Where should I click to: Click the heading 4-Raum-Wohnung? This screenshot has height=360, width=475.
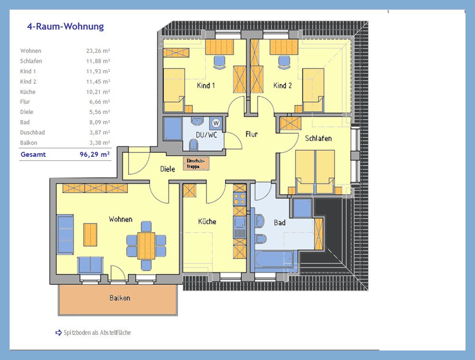66,27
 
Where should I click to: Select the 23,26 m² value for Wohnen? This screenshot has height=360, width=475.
98,51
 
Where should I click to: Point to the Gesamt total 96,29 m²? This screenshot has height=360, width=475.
95,154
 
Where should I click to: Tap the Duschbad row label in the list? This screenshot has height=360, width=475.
32,133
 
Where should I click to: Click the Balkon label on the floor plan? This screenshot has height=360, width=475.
120,298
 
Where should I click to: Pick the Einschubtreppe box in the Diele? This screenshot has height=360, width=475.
196,163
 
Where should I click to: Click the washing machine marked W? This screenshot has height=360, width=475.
216,123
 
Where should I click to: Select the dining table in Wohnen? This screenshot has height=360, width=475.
146,246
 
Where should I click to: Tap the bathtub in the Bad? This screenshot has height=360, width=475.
274,260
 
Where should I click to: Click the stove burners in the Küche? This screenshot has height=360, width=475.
239,199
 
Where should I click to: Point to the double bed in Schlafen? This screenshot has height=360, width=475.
315,171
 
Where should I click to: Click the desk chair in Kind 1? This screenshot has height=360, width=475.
219,62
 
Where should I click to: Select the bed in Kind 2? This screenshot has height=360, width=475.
313,90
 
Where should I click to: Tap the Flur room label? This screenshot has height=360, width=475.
252,134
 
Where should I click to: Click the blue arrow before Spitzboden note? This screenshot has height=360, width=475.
58,333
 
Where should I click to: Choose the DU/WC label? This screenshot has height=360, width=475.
206,135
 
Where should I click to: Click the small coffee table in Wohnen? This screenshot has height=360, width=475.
90,235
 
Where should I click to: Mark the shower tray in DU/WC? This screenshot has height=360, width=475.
173,129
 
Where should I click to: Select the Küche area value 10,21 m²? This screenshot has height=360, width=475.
98,92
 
